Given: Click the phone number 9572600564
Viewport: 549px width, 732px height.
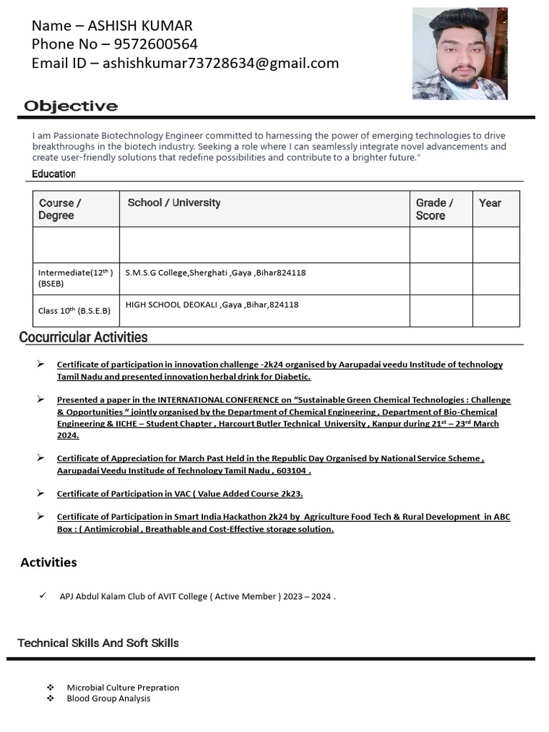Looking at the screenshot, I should tap(155, 44).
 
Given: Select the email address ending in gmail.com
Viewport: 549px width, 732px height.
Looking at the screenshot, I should tap(221, 64).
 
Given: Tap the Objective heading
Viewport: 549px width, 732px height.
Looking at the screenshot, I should tap(71, 107).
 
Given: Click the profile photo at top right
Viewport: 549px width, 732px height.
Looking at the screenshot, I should tap(459, 54).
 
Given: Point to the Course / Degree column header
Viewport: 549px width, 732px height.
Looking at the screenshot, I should tap(60, 209).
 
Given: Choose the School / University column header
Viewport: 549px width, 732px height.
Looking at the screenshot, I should tap(174, 202).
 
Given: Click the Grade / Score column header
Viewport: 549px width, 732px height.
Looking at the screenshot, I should tap(434, 209).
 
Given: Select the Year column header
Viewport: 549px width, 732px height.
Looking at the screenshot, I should tap(490, 203).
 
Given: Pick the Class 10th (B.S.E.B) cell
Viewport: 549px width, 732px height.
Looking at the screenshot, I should tap(74, 311).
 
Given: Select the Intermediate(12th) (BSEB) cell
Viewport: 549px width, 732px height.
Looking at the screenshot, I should tap(75, 278).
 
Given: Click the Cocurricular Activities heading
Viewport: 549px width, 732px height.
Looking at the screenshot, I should tap(84, 337).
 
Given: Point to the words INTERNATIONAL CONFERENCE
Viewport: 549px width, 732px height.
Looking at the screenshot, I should tap(224, 400).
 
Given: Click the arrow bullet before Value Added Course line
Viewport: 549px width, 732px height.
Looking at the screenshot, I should tap(41, 493).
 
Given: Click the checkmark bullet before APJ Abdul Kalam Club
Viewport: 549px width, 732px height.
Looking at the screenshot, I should tap(44, 595).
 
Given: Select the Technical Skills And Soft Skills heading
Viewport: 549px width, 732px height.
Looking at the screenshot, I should tap(98, 643).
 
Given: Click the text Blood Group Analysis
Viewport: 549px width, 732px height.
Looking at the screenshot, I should tap(109, 698).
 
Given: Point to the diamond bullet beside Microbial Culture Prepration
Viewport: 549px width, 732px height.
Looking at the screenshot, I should tap(50, 688).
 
